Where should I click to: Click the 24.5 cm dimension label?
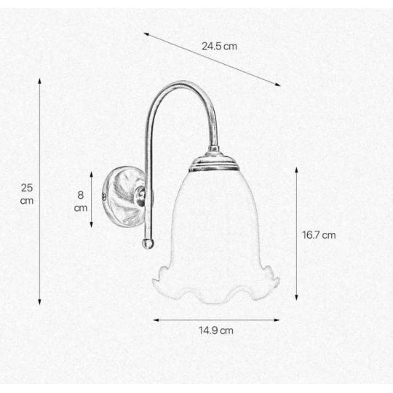pyautogui.click(x=219, y=47)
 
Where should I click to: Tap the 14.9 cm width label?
pyautogui.click(x=216, y=330)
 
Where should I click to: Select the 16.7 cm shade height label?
pyautogui.click(x=319, y=235)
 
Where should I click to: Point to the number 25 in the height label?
pyautogui.click(x=27, y=188)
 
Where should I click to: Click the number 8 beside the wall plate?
pyautogui.click(x=81, y=195)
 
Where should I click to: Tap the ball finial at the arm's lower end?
pyautogui.click(x=148, y=243)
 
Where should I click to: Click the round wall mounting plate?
pyautogui.click(x=124, y=196)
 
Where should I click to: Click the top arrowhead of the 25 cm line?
pyautogui.click(x=39, y=81)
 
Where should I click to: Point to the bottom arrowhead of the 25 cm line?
pyautogui.click(x=39, y=302)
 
